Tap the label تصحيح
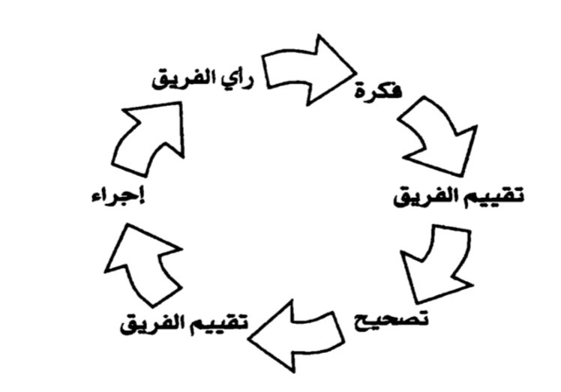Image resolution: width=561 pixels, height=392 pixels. (x=390, y=319)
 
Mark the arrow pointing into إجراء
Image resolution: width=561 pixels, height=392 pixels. (x=142, y=262)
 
